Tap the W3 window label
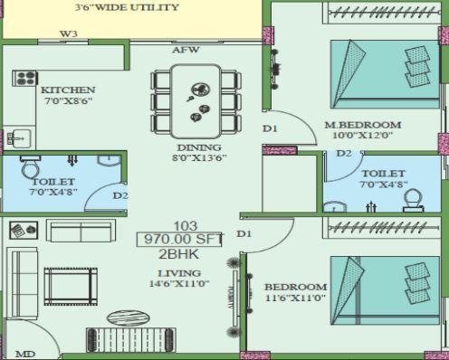[x=68, y=34]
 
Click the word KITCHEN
[x=67, y=90]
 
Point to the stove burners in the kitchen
[x=24, y=78]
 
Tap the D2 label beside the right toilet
[x=343, y=153]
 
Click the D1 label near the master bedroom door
[x=270, y=128]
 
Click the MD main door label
[x=24, y=354]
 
